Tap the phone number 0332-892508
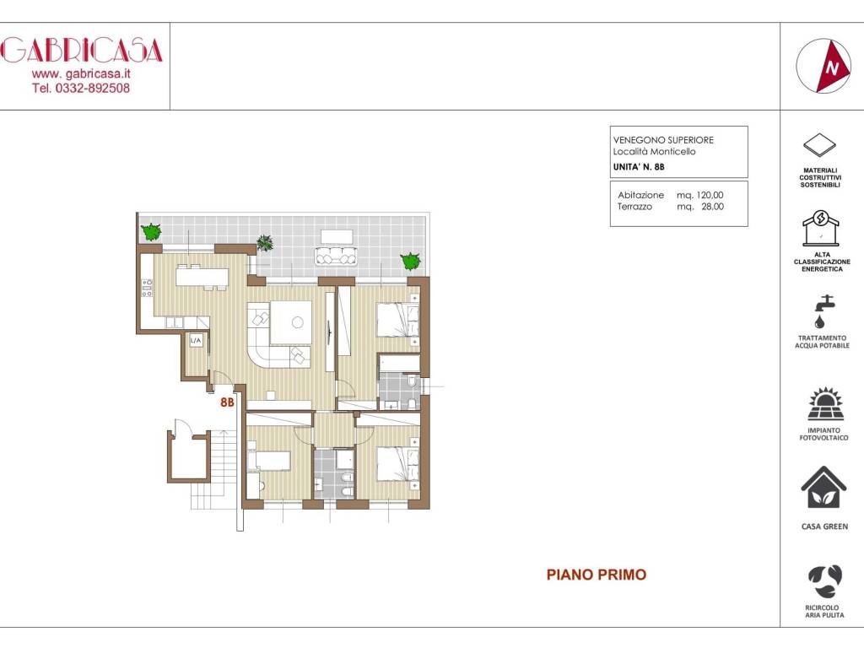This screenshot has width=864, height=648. pyautogui.click(x=93, y=88)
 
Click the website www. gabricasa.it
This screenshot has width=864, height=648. pyautogui.click(x=81, y=73)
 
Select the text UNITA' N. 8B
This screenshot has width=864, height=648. pyautogui.click(x=639, y=167)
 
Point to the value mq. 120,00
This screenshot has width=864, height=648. pyautogui.click(x=699, y=195)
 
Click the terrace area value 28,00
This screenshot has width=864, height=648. pyautogui.click(x=712, y=207)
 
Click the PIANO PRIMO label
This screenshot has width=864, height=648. pyautogui.click(x=597, y=575)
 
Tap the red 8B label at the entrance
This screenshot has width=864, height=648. pyautogui.click(x=227, y=402)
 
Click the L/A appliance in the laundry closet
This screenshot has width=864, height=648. pyautogui.click(x=196, y=341)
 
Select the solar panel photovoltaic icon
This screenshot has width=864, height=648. pyautogui.click(x=824, y=404)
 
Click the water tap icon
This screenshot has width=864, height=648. pyautogui.click(x=823, y=311)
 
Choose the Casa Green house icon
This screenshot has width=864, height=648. pyautogui.click(x=823, y=487)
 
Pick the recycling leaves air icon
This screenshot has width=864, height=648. pyautogui.click(x=825, y=581)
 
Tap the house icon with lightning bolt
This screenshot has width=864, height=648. pyautogui.click(x=820, y=228)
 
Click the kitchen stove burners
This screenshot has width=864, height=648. pyautogui.click(x=147, y=289)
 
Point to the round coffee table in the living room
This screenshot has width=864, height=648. pyautogui.click(x=298, y=323)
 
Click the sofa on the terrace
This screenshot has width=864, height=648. pyautogui.click(x=336, y=256)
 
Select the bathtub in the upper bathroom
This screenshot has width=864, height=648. pyautogui.click(x=399, y=364)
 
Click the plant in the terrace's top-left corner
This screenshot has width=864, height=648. pyautogui.click(x=150, y=231)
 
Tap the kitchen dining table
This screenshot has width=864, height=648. pyautogui.click(x=202, y=277)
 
